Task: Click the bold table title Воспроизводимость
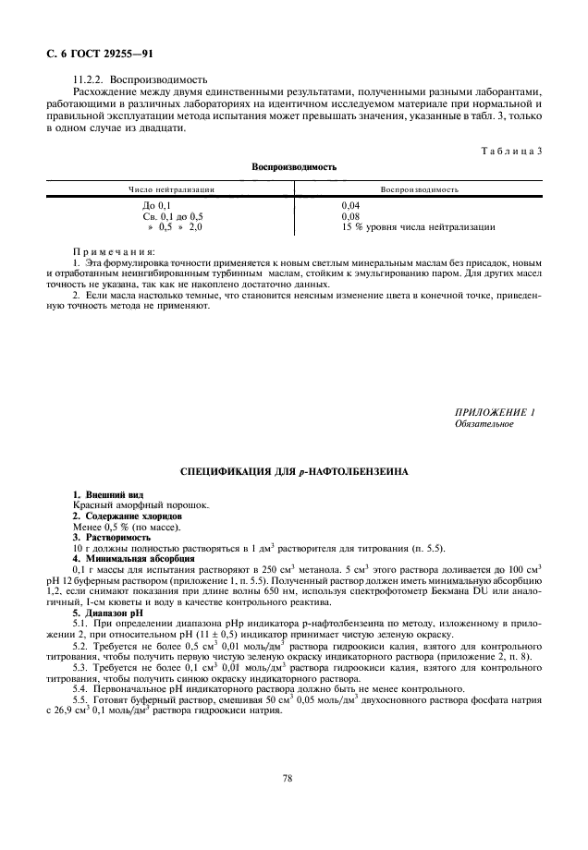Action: click(294, 167)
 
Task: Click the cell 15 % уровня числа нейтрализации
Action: click(418, 225)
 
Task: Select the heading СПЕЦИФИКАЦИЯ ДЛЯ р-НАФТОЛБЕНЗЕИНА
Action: click(294, 471)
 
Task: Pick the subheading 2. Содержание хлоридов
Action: click(127, 516)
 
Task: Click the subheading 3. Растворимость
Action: click(112, 537)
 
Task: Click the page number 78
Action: click(288, 779)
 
